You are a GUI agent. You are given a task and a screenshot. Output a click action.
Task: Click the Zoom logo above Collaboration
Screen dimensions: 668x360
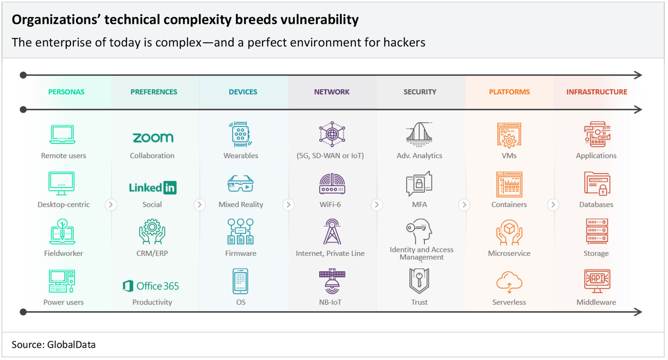(x=153, y=137)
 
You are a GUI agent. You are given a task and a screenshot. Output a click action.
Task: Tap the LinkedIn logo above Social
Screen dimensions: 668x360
(x=153, y=187)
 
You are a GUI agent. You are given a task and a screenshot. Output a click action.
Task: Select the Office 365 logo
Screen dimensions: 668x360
(x=151, y=286)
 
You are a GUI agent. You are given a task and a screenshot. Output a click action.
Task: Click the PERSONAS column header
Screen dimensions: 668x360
(x=66, y=92)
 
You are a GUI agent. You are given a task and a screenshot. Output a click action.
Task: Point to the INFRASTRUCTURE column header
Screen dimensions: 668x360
(x=597, y=92)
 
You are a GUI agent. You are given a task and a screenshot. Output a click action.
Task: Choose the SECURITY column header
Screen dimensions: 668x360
(x=420, y=92)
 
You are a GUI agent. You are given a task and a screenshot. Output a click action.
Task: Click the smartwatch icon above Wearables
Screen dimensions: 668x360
(x=241, y=134)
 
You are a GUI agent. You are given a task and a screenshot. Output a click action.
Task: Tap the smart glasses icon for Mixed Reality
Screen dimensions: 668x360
(x=241, y=183)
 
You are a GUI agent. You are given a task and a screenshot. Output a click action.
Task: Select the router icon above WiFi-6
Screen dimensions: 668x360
(x=332, y=184)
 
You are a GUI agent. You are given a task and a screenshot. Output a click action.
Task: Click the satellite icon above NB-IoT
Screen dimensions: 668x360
(x=332, y=281)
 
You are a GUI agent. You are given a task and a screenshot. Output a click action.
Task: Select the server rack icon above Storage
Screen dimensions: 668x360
(x=597, y=231)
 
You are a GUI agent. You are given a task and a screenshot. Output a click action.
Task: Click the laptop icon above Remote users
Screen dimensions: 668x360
(x=62, y=135)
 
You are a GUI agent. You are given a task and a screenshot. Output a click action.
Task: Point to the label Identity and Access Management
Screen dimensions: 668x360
(x=421, y=253)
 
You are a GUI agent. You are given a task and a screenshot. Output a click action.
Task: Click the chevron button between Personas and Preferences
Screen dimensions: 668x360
(x=110, y=205)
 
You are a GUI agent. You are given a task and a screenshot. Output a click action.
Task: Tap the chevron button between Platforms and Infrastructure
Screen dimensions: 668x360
(x=553, y=205)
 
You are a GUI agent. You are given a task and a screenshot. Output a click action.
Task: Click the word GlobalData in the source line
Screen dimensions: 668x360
(x=71, y=345)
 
